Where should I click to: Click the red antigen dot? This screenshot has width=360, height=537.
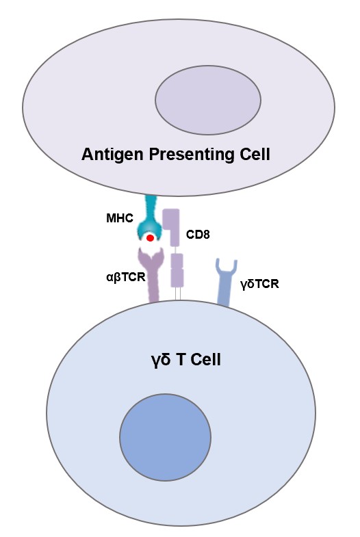pyautogui.click(x=150, y=238)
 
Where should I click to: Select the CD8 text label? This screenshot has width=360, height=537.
pyautogui.click(x=198, y=235)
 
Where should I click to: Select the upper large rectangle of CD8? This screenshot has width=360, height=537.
pyautogui.click(x=171, y=228)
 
